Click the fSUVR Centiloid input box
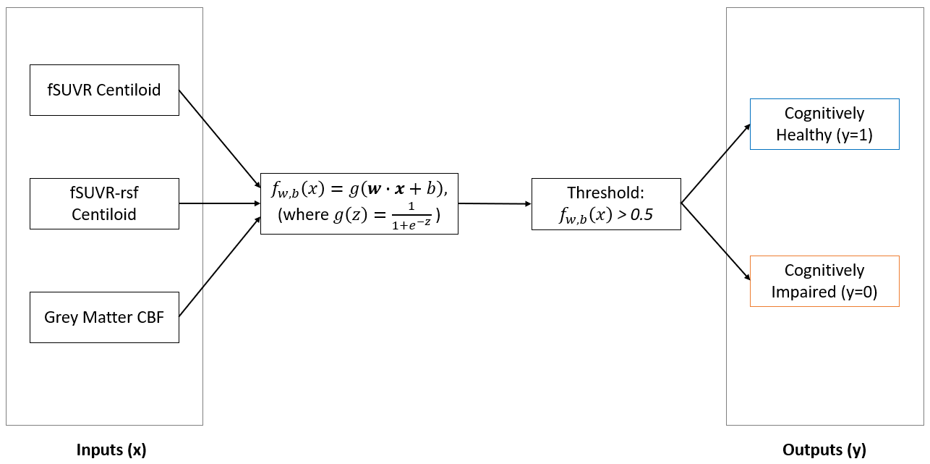click(104, 90)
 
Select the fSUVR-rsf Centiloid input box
click(104, 204)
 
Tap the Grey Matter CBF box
click(104, 317)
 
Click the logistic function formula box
click(359, 203)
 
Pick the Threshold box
click(606, 204)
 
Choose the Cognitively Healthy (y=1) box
click(824, 124)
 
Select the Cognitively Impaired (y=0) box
click(824, 281)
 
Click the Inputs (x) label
click(111, 450)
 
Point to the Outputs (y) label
click(824, 450)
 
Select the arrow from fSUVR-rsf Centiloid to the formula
click(219, 203)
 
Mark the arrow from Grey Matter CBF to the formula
click(219, 266)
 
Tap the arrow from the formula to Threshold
click(495, 204)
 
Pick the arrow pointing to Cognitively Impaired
click(715, 242)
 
